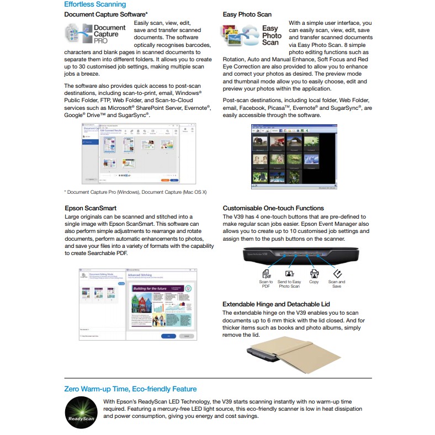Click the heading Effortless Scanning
pos(95,4)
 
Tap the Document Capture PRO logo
pos(96,34)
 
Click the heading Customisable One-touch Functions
pos(280,208)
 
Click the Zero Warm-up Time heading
pos(130,389)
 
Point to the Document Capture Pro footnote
pos(135,192)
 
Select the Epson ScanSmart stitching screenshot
pos(138,304)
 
